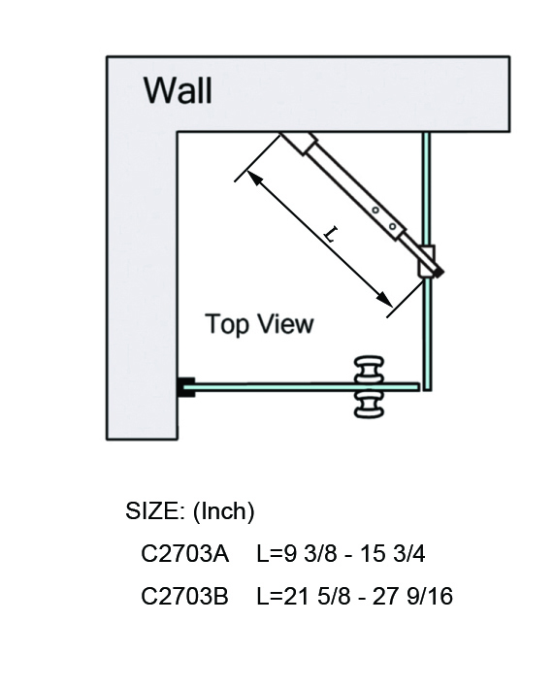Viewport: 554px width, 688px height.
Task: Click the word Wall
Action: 178,90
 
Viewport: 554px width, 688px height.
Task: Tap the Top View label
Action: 259,324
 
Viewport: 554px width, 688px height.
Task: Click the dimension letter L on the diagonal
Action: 331,234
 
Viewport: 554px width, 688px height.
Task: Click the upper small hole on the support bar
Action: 375,211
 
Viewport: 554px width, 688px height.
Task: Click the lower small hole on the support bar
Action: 393,227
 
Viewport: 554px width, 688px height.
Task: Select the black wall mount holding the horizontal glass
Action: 186,386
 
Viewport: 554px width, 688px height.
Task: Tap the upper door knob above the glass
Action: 369,370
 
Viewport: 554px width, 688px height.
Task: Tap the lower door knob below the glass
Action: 369,404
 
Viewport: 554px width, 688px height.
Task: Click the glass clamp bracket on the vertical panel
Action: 426,261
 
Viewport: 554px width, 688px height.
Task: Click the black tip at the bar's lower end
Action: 439,273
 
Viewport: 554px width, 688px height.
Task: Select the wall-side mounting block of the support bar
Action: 299,143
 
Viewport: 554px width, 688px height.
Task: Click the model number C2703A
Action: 184,553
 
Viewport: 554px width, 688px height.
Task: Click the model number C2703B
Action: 184,596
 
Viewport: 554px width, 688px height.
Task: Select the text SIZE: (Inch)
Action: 190,511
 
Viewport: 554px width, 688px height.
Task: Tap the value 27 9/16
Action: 412,596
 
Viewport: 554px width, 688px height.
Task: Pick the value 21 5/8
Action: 317,596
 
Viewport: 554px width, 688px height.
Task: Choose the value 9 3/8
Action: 310,553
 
